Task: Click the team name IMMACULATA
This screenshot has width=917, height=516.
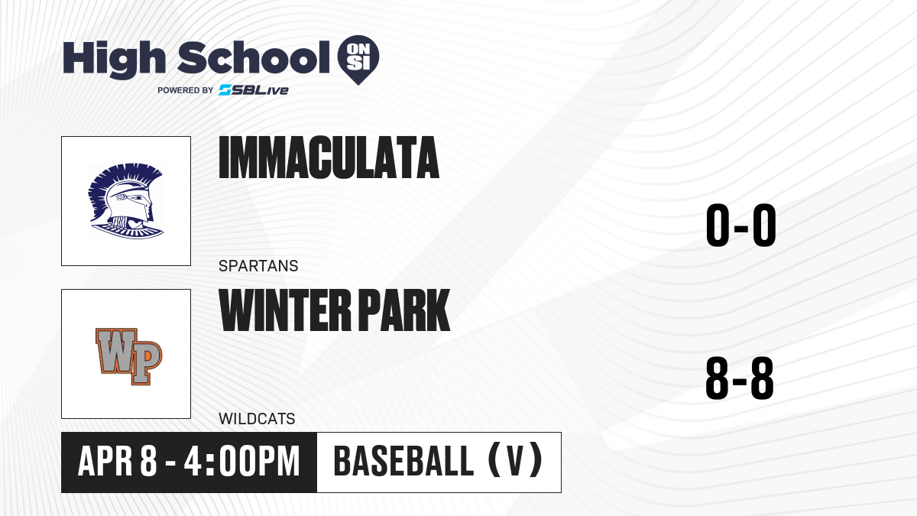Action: [x=329, y=157]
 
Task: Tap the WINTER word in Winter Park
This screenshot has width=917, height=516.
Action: [x=285, y=310]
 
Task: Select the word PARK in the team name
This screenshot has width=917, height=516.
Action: [x=404, y=310]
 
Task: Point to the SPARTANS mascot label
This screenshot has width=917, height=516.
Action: [x=258, y=266]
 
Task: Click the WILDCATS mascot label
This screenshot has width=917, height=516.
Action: [x=257, y=419]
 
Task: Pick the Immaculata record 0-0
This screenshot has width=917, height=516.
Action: [x=741, y=226]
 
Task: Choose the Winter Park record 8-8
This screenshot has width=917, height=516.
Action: [x=740, y=378]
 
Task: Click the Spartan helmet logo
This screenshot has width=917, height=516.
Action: [x=126, y=200]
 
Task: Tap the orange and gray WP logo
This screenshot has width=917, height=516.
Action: [x=129, y=356]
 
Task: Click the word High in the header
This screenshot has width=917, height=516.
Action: [x=115, y=60]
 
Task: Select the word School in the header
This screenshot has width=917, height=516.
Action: [x=254, y=57]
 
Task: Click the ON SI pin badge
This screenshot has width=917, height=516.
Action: [x=358, y=60]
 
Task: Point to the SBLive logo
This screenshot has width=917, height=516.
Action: [x=253, y=90]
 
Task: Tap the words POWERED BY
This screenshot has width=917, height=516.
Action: [x=186, y=90]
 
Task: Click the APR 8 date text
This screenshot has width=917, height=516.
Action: [x=118, y=462]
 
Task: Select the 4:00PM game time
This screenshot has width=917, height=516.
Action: [x=242, y=462]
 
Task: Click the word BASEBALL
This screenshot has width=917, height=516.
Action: [x=403, y=462]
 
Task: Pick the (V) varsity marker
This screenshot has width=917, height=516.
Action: [x=516, y=462]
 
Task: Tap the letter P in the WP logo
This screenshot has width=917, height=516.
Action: [x=145, y=363]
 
